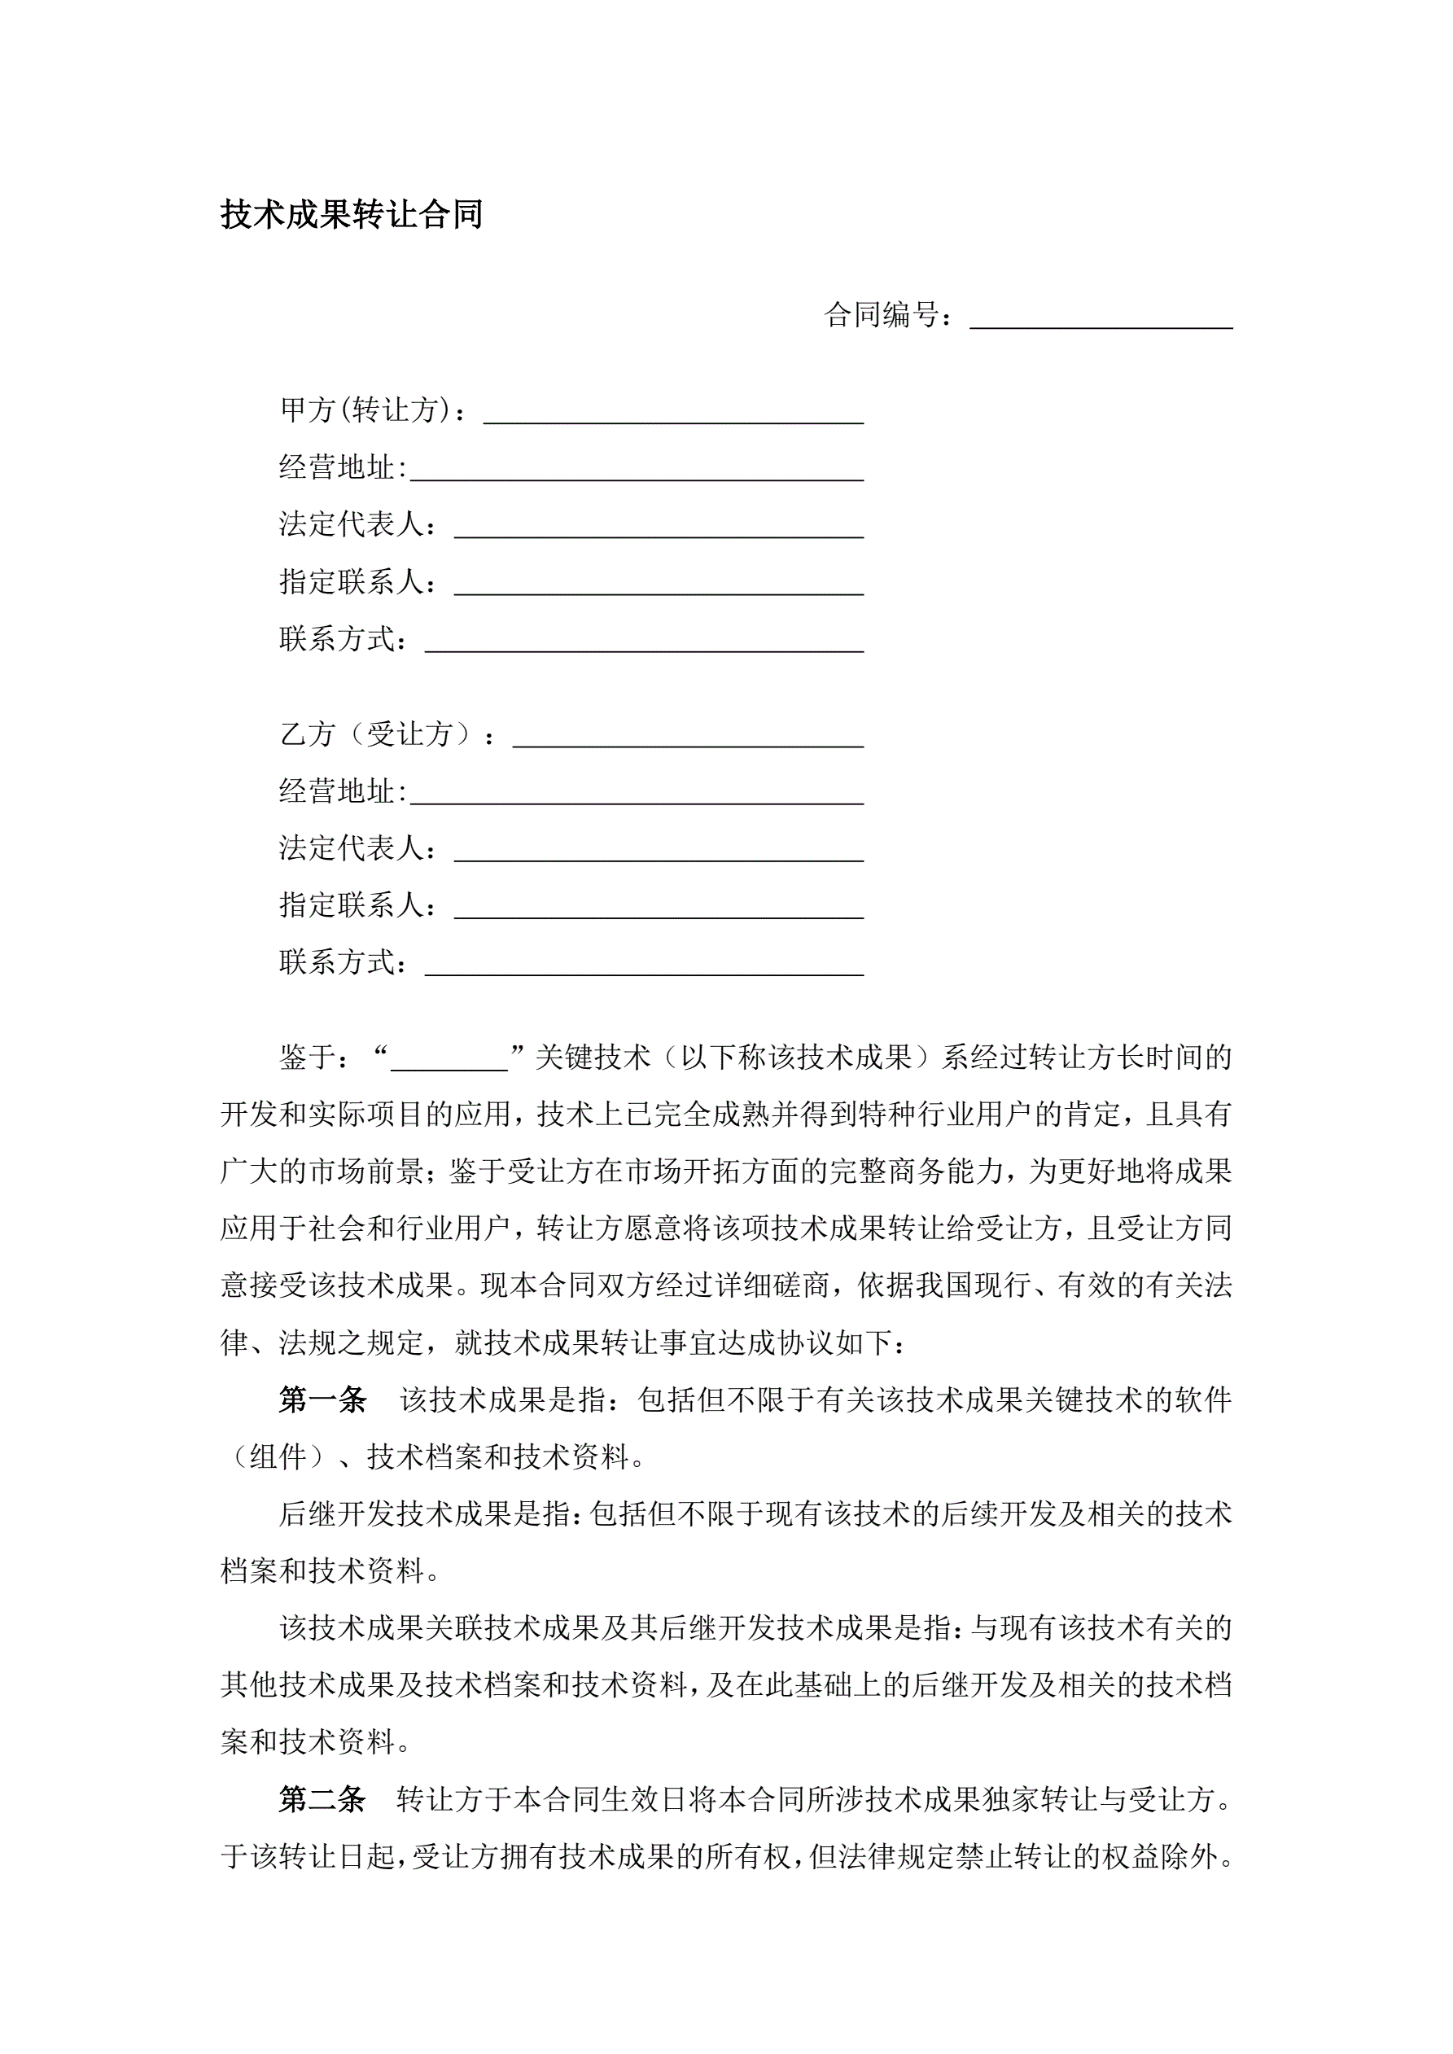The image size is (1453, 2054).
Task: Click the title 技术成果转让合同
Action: click(x=352, y=215)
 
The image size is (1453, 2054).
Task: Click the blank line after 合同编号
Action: click(x=1101, y=318)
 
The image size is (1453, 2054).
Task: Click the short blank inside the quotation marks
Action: click(x=449, y=1060)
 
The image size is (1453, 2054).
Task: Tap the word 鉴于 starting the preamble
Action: click(x=308, y=1058)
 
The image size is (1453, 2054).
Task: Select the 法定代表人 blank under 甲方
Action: click(x=659, y=527)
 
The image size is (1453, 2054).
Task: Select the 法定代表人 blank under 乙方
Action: click(x=659, y=851)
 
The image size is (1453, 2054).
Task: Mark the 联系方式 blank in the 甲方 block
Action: click(x=644, y=642)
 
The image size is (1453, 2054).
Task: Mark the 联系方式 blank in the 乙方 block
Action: click(x=644, y=966)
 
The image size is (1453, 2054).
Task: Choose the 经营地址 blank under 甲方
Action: click(x=636, y=470)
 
